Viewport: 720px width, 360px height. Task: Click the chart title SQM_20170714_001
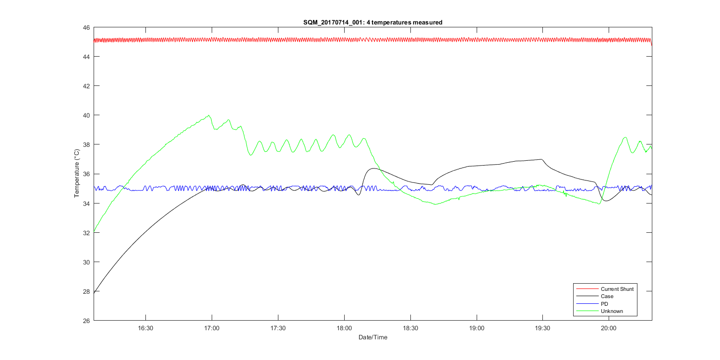(x=372, y=22)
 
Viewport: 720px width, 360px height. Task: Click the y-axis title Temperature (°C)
(x=76, y=173)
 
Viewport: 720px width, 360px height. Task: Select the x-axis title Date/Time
(x=372, y=337)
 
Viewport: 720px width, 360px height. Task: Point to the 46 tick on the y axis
(x=86, y=28)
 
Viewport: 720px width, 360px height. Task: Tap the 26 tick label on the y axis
(x=86, y=321)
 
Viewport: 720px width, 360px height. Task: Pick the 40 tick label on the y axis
(x=86, y=116)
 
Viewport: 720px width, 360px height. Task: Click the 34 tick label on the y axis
(x=86, y=204)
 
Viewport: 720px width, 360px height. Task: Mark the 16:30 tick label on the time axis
(x=145, y=329)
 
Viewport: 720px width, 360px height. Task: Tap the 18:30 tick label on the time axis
(x=410, y=329)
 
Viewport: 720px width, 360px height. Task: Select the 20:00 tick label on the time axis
(x=609, y=329)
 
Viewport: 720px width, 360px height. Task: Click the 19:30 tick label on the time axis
(x=542, y=329)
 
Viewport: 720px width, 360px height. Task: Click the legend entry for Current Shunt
(x=617, y=289)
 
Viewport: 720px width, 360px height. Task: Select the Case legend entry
(x=607, y=297)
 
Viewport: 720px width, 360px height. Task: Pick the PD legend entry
(x=604, y=304)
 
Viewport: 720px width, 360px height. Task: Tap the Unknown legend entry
(x=612, y=312)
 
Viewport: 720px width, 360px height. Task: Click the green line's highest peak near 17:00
(x=209, y=115)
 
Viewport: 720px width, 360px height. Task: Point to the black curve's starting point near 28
(x=95, y=291)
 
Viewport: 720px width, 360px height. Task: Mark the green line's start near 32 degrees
(x=95, y=231)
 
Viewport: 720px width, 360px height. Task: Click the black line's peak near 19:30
(x=541, y=159)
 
